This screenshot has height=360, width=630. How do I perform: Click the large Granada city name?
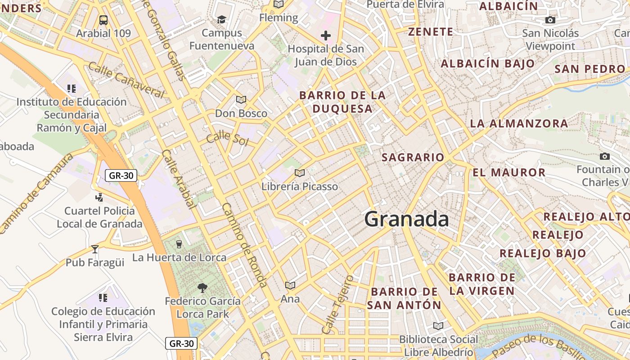click(406, 219)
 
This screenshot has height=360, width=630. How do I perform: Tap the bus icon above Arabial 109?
click(103, 20)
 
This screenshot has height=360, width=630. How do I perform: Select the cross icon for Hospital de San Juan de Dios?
click(326, 35)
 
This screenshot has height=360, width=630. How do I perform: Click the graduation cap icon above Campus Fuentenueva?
click(221, 19)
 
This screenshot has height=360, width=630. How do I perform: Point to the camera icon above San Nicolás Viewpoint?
click(550, 20)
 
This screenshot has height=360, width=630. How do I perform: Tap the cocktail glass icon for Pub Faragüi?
click(95, 249)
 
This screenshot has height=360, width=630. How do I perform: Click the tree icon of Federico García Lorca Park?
click(202, 288)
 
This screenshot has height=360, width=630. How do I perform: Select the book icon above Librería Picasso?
click(300, 173)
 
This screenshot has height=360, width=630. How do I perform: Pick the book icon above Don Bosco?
click(241, 99)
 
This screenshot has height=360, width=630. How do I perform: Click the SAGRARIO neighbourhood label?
click(413, 157)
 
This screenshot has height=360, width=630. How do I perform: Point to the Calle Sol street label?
click(227, 138)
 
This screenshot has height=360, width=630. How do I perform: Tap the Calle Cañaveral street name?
click(126, 80)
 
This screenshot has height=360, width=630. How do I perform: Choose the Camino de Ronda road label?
click(245, 245)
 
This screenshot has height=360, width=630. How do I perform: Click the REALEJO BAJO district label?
click(543, 253)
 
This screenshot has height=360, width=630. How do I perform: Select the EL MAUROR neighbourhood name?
click(509, 172)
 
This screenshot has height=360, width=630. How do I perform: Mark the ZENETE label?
click(431, 32)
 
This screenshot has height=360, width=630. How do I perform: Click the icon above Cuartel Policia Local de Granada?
click(99, 197)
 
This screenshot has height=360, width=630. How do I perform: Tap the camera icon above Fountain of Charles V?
click(605, 157)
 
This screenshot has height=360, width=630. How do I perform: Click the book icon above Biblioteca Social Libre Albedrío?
click(438, 326)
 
